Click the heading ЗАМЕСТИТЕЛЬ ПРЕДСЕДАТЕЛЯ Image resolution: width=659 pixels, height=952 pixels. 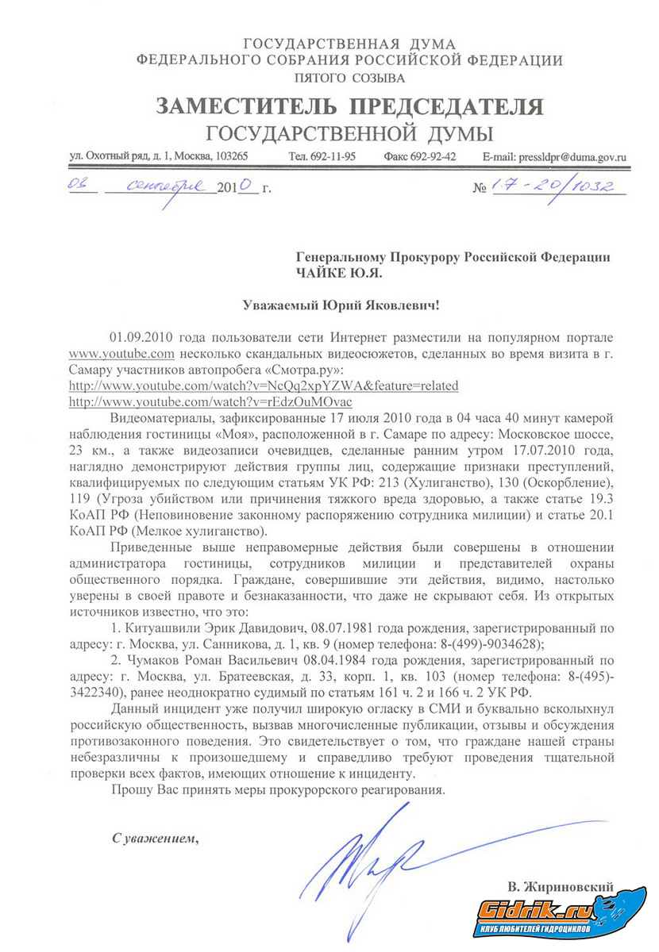click(x=349, y=106)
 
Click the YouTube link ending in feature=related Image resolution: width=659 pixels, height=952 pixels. click(x=264, y=386)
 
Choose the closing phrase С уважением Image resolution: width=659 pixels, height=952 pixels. click(x=155, y=837)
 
